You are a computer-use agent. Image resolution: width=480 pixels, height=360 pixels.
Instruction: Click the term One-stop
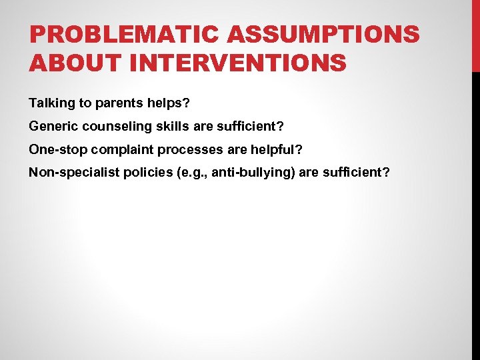[x=54, y=149]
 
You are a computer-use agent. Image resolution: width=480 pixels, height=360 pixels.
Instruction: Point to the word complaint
[x=112, y=149]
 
